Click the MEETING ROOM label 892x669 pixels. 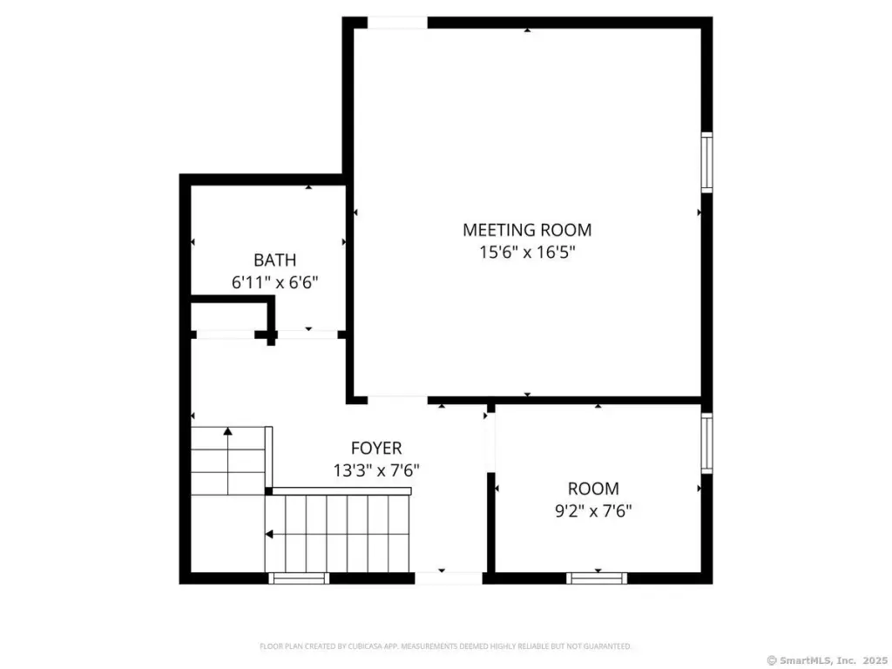click(x=527, y=230)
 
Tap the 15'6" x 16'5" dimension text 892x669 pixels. click(x=527, y=252)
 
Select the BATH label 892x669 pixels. click(x=274, y=260)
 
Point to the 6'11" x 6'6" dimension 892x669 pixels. click(x=274, y=282)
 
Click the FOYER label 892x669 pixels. click(x=376, y=449)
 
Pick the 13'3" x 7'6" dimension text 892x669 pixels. click(x=376, y=470)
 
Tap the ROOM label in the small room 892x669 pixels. click(x=593, y=489)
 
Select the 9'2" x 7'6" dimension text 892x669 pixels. click(x=593, y=510)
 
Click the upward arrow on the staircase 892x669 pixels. click(x=228, y=461)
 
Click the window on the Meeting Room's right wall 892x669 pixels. click(x=706, y=162)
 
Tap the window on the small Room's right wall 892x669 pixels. click(x=706, y=443)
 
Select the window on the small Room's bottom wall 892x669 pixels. click(x=597, y=578)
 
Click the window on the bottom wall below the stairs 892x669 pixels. click(x=299, y=578)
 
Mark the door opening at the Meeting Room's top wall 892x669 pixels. click(x=397, y=23)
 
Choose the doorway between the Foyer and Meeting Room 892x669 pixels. click(x=397, y=399)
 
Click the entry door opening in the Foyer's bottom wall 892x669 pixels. click(x=449, y=578)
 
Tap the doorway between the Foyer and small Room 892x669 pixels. click(x=490, y=442)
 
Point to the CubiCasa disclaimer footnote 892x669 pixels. click(x=445, y=646)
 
